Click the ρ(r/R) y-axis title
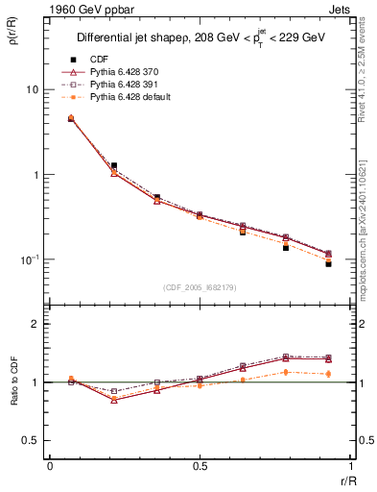pos(13,37)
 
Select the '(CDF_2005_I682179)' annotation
pos(200,287)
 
